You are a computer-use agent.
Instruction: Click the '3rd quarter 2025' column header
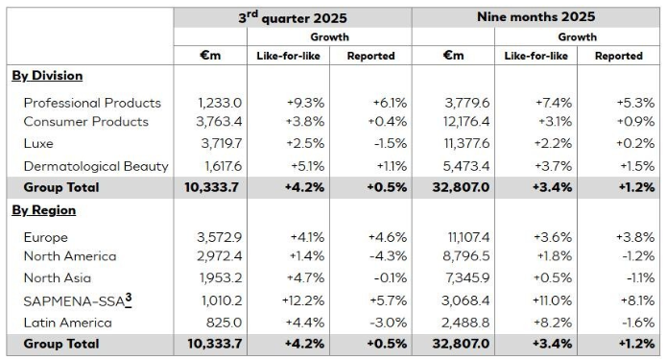(293, 17)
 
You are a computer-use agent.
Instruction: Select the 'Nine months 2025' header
(536, 17)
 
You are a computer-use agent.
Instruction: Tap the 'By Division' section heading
(47, 76)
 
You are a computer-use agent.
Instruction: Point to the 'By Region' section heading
(43, 210)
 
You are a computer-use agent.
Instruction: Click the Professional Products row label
(92, 103)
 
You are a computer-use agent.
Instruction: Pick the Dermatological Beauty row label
(96, 166)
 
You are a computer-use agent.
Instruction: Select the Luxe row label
(39, 144)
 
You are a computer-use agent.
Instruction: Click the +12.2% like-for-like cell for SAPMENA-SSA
(287, 299)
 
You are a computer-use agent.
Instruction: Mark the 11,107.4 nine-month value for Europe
(464, 236)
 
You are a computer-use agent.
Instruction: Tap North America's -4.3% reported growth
(378, 256)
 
